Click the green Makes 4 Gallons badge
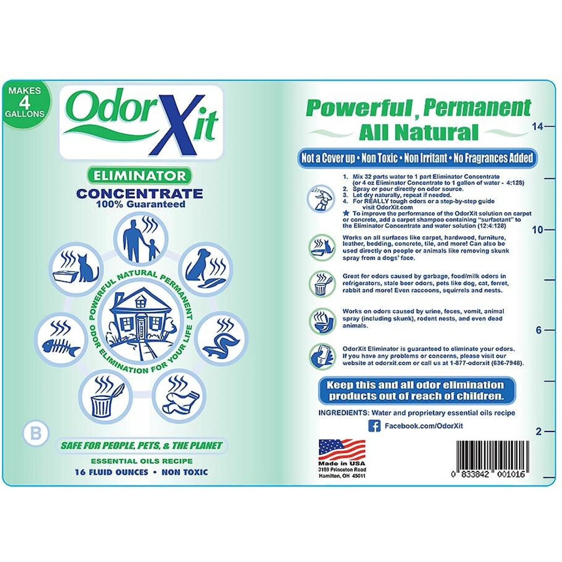point(25,102)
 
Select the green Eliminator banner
point(139,176)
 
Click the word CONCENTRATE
point(139,194)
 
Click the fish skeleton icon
point(60,339)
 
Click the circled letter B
point(36,433)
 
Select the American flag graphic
point(342,450)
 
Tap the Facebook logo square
point(374,426)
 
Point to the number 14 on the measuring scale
point(537,127)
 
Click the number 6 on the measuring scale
point(538,330)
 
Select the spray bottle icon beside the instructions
point(321,198)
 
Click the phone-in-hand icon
point(321,356)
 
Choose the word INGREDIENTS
point(343,413)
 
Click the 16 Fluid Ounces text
point(112,472)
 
